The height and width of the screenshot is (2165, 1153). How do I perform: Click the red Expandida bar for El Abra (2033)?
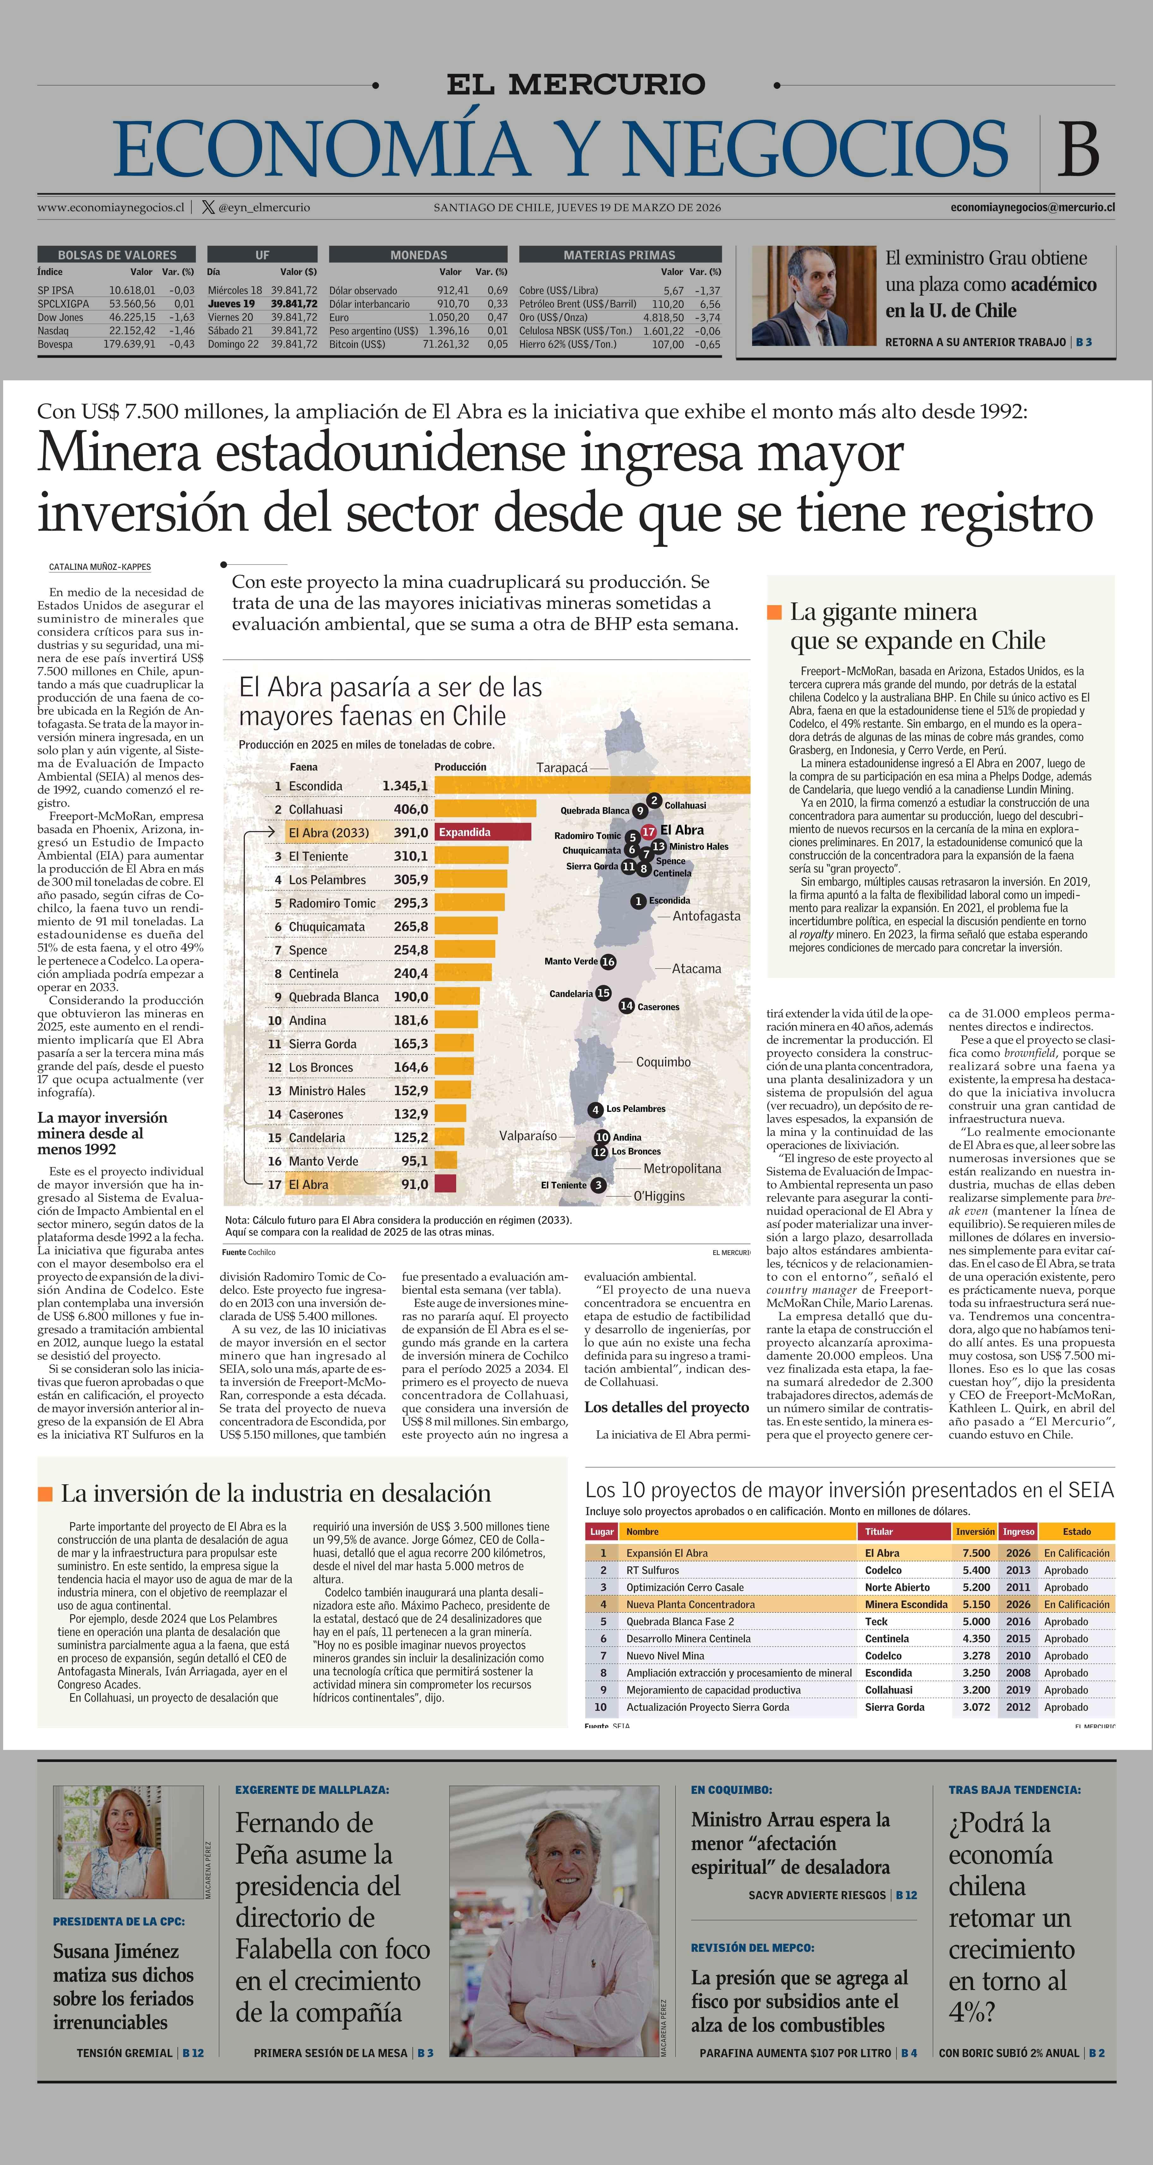coord(484,832)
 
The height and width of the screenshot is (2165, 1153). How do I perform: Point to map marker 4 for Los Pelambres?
coord(595,1109)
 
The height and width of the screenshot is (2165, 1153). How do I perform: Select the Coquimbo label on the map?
coord(663,1062)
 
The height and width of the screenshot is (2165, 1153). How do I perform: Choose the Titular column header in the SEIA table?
coord(879,1531)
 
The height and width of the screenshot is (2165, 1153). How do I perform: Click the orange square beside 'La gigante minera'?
coord(774,612)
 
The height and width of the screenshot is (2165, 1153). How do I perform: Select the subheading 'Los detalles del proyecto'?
coord(667,1407)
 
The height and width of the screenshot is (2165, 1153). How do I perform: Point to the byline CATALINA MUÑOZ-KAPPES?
coord(100,567)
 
